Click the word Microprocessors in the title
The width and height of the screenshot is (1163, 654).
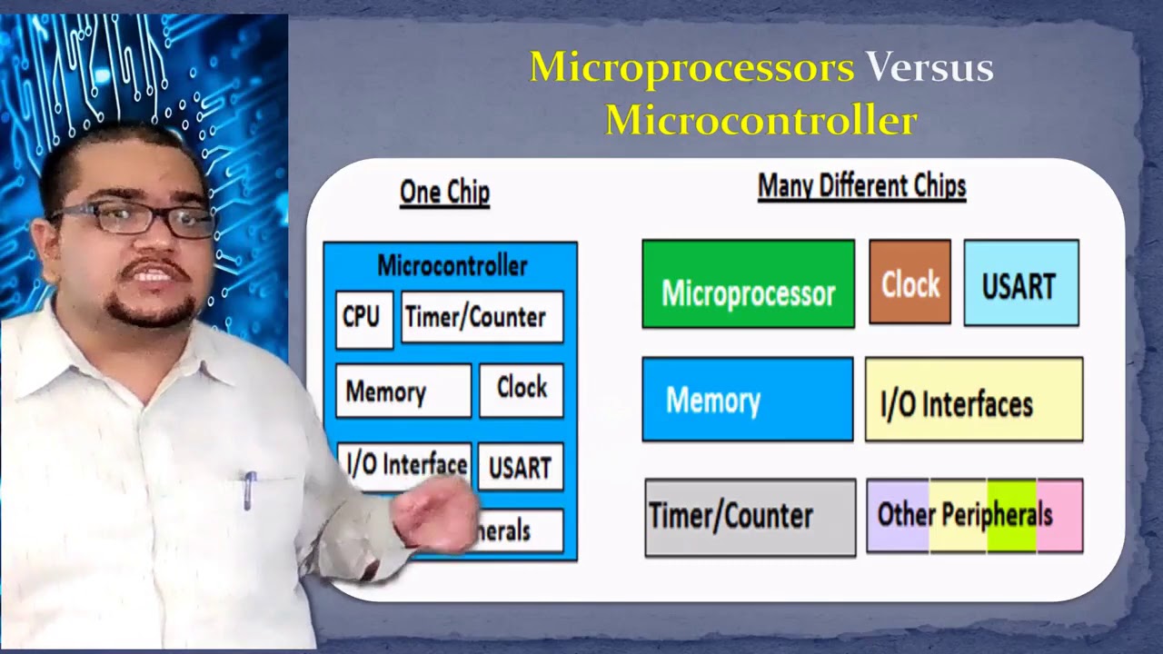point(691,68)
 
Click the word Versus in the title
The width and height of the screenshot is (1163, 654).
point(929,68)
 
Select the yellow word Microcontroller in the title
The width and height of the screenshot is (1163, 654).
point(760,120)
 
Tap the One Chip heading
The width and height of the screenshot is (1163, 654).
point(444,193)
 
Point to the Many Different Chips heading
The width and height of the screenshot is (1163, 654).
point(861,186)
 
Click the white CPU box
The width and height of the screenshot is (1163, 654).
point(363,319)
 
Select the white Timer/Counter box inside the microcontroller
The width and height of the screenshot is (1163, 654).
point(482,317)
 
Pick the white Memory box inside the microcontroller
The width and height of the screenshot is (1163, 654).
point(403,391)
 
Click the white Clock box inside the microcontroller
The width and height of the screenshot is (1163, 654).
point(522,390)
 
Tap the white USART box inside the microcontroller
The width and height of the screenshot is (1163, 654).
point(520,467)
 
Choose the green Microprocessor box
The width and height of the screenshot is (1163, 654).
point(748,284)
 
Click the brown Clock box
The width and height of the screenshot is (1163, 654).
point(910,282)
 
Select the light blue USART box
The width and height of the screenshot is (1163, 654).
point(1020,283)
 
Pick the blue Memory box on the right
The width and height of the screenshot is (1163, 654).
point(747,400)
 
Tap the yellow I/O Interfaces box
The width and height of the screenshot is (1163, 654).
point(973,401)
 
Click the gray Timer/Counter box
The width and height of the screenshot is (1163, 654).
point(750,517)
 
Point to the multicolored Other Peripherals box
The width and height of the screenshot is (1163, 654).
point(974,516)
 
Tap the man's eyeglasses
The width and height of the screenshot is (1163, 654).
point(136,217)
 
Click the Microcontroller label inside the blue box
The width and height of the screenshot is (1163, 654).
point(452,266)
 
